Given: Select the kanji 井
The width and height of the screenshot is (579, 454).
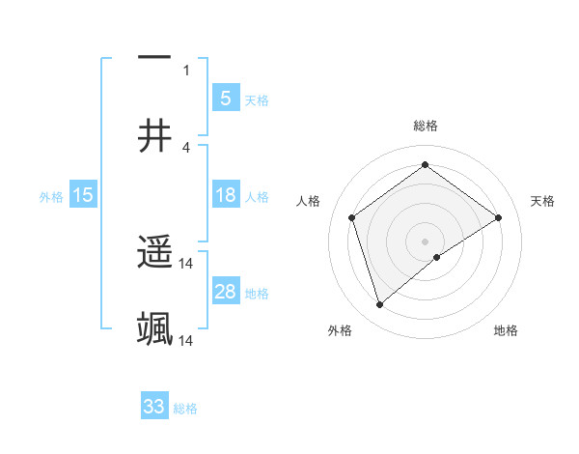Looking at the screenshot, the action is click(x=154, y=136).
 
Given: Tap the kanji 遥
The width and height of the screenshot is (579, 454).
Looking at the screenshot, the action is click(x=154, y=254).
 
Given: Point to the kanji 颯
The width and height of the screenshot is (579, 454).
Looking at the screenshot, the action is click(x=154, y=329).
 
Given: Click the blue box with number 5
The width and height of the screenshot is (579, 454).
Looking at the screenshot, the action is click(x=225, y=98).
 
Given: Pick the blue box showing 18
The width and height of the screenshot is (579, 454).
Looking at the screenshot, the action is click(x=225, y=195).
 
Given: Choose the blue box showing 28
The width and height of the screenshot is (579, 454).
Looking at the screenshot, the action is click(x=225, y=292).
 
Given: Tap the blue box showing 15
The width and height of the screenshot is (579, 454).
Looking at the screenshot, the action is click(x=83, y=195).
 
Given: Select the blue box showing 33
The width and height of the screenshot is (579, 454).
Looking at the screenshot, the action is click(x=154, y=407).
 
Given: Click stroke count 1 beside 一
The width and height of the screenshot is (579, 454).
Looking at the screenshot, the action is click(x=186, y=70).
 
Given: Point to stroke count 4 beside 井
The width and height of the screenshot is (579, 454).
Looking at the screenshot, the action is click(x=186, y=147).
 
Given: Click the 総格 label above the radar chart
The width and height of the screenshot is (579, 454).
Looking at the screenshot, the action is click(x=425, y=126).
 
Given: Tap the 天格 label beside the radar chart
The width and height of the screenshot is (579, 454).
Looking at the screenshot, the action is click(x=542, y=201).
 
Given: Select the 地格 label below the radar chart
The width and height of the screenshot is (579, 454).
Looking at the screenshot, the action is click(x=506, y=330).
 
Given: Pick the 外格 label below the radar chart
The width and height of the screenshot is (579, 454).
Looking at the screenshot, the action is click(x=340, y=330).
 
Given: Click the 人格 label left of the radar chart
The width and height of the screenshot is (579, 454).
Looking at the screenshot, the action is click(x=309, y=201).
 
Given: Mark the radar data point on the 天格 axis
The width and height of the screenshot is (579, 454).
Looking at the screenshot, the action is click(x=498, y=217).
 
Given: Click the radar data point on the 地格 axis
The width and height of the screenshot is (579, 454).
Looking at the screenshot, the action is click(x=437, y=257).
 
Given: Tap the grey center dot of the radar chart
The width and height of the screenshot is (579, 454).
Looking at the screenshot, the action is click(x=425, y=241).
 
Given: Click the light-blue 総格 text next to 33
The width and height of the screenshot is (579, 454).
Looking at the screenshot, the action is click(x=185, y=409).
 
